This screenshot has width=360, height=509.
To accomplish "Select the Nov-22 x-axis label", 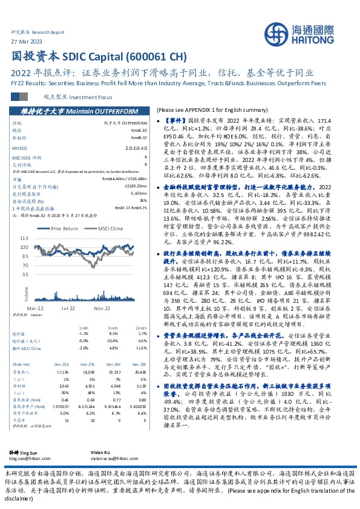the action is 101,307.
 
